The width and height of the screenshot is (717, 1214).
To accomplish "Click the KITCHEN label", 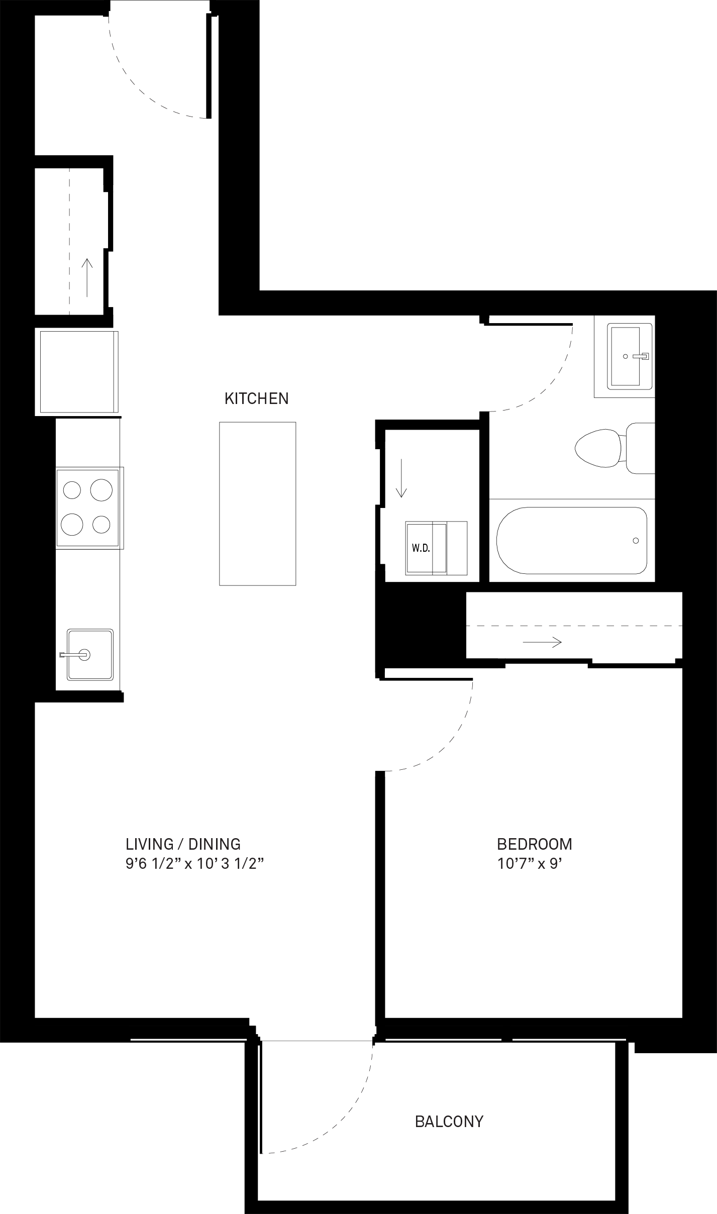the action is pyautogui.click(x=256, y=398).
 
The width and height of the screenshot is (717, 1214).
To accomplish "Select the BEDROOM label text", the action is pyautogui.click(x=535, y=844).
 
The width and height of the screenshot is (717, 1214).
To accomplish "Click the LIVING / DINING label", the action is pyautogui.click(x=183, y=844).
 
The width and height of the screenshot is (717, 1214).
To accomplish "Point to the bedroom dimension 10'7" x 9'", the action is pyautogui.click(x=529, y=864).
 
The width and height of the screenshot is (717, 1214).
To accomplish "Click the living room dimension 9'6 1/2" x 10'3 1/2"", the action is pyautogui.click(x=195, y=864).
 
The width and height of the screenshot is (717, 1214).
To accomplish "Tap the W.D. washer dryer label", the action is pyautogui.click(x=421, y=548).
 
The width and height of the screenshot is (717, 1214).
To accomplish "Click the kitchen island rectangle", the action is pyautogui.click(x=258, y=503).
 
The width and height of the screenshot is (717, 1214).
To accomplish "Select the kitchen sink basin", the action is pyautogui.click(x=90, y=654).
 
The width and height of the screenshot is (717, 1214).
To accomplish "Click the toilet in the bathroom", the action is pyautogui.click(x=614, y=448).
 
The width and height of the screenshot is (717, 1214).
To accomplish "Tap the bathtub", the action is pyautogui.click(x=571, y=541).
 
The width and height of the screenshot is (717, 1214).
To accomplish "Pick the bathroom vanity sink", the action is pyautogui.click(x=630, y=356).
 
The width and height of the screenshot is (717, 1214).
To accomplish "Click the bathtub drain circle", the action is pyautogui.click(x=636, y=541).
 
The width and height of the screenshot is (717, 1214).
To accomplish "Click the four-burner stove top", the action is pyautogui.click(x=89, y=508).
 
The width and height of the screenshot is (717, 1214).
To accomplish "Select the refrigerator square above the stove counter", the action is pyautogui.click(x=77, y=372).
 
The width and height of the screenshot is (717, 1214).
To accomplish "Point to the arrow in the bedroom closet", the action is pyautogui.click(x=542, y=642).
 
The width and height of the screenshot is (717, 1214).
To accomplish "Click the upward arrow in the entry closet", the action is pyautogui.click(x=87, y=277).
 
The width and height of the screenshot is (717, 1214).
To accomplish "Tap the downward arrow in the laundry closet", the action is pyautogui.click(x=401, y=478).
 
